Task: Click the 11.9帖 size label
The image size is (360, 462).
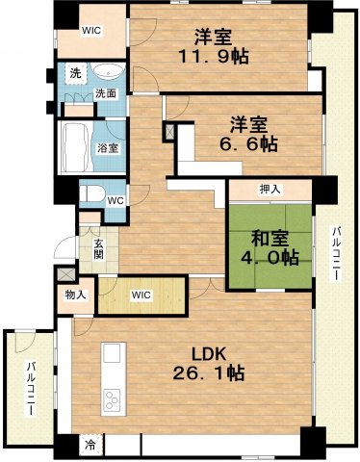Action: coord(214,57)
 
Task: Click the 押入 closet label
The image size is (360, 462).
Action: coord(270,189)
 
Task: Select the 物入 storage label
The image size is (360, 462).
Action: coord(76,295)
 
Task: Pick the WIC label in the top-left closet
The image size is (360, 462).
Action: coord(91,29)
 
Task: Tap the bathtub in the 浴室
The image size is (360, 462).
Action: coord(75,147)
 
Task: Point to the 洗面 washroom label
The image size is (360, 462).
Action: coord(106,93)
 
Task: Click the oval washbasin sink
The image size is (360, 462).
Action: coord(107,72)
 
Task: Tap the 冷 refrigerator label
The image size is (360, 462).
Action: coord(90,446)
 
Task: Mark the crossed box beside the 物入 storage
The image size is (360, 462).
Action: coord(65,272)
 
